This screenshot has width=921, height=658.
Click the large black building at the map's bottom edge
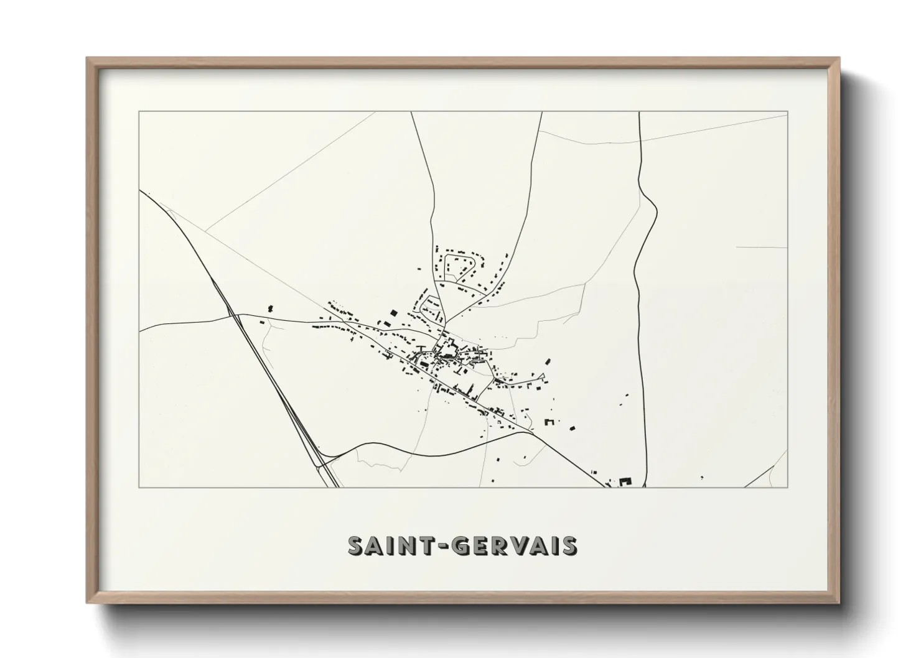click(625, 481)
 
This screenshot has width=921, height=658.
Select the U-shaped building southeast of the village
click(549, 422)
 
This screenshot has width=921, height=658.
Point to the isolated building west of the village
click(270, 308)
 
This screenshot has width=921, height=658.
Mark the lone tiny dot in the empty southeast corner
click(702, 478)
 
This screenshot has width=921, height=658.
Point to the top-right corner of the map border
click(787, 111)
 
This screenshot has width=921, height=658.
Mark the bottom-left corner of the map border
click(139, 487)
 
